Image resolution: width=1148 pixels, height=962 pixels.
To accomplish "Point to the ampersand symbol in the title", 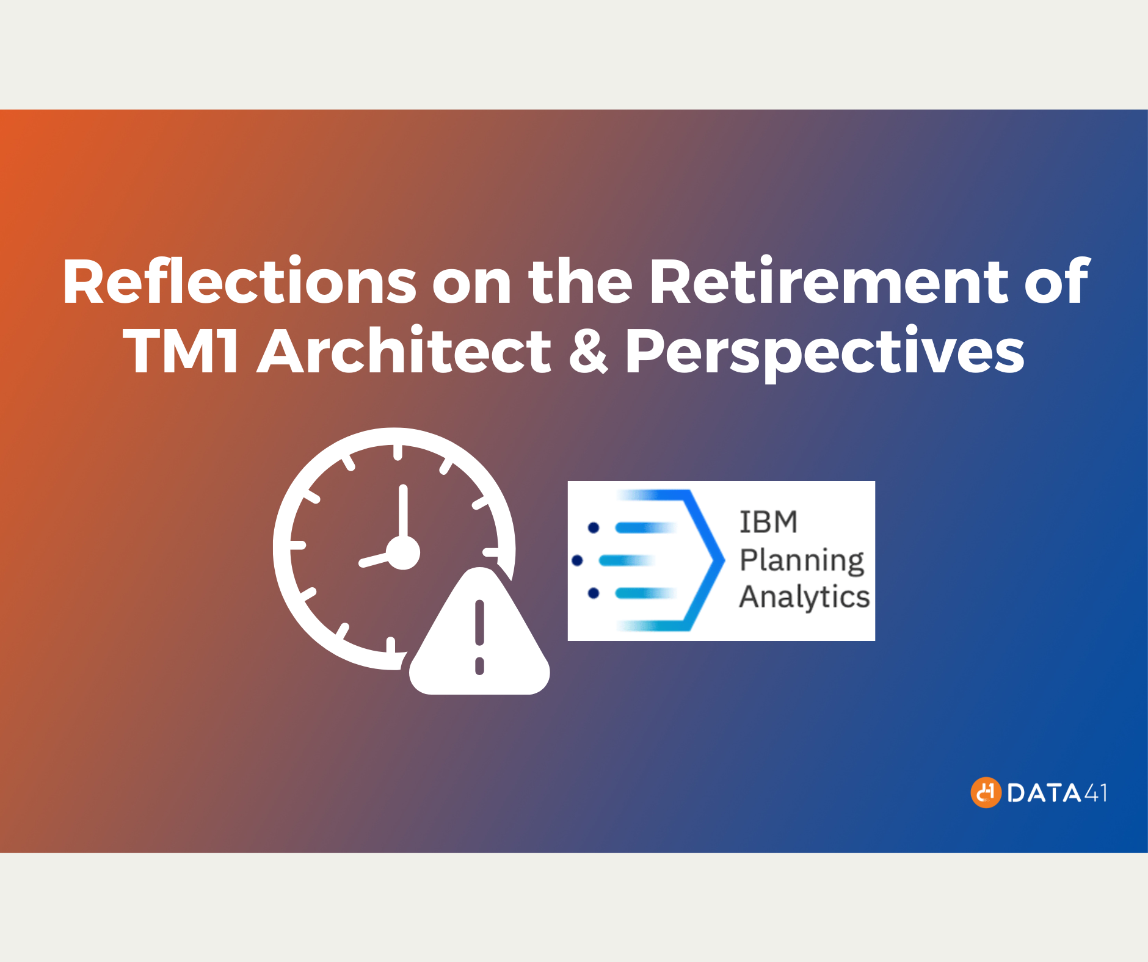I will pyautogui.click(x=588, y=352).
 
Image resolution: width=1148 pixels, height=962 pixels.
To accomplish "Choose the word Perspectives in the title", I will pyautogui.click(x=825, y=352).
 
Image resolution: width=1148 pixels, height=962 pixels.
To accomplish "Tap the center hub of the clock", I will pyautogui.click(x=403, y=553).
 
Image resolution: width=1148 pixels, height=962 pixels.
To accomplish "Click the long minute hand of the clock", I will pyautogui.click(x=403, y=513).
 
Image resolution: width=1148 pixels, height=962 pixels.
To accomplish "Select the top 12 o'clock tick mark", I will pyautogui.click(x=398, y=452).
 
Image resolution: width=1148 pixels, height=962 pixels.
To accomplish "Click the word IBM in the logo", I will pyautogui.click(x=768, y=523).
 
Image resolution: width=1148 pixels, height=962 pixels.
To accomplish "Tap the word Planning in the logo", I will pyautogui.click(x=802, y=560).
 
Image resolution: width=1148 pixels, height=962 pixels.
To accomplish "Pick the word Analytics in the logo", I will pyautogui.click(x=804, y=597).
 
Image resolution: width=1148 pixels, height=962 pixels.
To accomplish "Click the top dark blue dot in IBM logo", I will pyautogui.click(x=593, y=527).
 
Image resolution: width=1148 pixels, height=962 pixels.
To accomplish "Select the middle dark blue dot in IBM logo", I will pyautogui.click(x=577, y=560).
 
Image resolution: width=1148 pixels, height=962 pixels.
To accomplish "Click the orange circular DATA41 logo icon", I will pyautogui.click(x=986, y=792).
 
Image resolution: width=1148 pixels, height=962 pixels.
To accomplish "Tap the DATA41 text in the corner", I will pyautogui.click(x=1057, y=793).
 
